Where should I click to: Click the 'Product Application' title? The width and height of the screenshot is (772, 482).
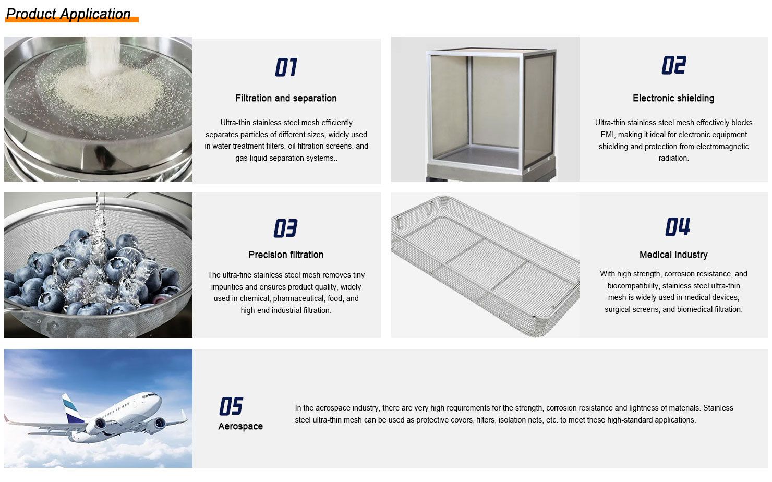[x=68, y=14]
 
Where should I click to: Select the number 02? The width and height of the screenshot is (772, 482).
[x=674, y=65]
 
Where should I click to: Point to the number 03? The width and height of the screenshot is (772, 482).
[x=285, y=228]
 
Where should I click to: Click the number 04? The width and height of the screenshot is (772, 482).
[x=678, y=226]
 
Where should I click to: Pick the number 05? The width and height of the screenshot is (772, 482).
[x=231, y=406]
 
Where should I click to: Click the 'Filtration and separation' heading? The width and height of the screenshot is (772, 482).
[x=286, y=98]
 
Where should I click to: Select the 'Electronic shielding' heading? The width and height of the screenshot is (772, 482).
[x=673, y=98]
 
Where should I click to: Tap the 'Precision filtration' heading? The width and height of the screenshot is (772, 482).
[x=286, y=255]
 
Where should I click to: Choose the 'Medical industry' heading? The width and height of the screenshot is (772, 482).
[x=673, y=255]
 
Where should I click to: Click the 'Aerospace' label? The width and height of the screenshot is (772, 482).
[x=240, y=427]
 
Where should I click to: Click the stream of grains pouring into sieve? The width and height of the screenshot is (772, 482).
[x=103, y=55]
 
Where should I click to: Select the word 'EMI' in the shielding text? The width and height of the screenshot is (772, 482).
[x=608, y=135]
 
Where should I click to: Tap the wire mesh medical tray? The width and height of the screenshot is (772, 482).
[x=485, y=266]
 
